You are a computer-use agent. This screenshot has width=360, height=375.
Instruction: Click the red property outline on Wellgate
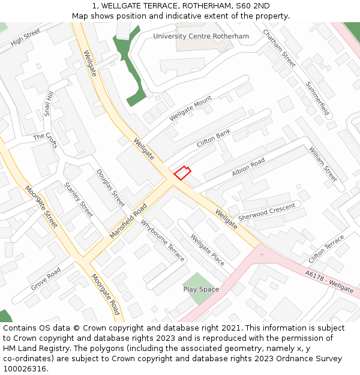click(182, 173)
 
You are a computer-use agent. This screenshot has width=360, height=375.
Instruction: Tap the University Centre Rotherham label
click(200, 37)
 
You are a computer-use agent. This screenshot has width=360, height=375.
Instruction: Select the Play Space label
click(201, 289)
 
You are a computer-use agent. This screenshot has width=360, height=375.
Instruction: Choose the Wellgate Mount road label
click(191, 109)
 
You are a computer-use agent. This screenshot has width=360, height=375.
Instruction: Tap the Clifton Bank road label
click(214, 139)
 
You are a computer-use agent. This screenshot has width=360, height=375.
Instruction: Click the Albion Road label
click(248, 167)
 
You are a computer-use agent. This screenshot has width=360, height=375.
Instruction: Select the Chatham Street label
click(280, 48)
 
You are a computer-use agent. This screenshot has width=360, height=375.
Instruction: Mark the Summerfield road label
click(318, 98)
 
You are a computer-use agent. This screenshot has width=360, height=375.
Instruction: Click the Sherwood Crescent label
click(267, 211)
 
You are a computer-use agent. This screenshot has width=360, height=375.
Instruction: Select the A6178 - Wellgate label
click(329, 281)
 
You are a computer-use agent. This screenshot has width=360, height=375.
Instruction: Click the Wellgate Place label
click(208, 250)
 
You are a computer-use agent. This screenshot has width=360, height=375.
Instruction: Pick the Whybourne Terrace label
click(163, 241)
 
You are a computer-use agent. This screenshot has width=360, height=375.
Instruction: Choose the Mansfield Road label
click(128, 220)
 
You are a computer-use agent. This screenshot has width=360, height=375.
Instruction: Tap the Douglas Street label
click(110, 188)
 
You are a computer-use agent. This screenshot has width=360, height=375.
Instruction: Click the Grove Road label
click(46, 278)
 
